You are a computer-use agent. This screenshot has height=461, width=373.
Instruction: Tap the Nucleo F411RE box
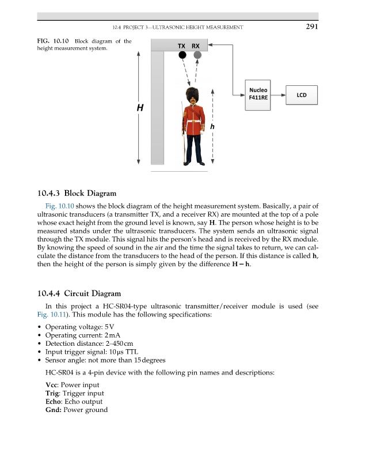point(258,93)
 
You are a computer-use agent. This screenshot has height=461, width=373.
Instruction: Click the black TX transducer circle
point(182,55)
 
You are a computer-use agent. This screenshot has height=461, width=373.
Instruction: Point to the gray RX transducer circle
point(197,55)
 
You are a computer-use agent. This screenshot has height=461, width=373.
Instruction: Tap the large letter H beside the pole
point(140,108)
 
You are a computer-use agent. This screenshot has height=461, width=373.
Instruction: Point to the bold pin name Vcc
point(52,385)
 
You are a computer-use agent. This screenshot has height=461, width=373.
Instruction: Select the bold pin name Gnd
point(54,410)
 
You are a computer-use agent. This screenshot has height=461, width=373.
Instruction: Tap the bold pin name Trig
point(53,394)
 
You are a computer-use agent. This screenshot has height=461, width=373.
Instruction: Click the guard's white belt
point(192,121)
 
